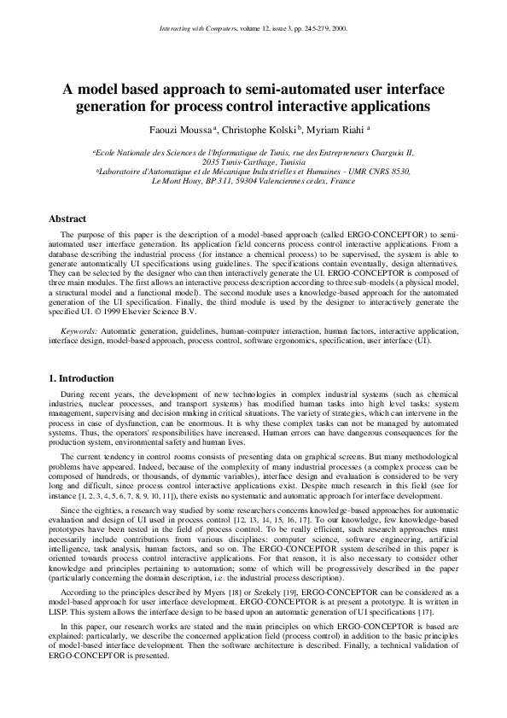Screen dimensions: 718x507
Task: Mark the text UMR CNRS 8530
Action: point(378,172)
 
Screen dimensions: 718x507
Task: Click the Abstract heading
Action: point(67,219)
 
